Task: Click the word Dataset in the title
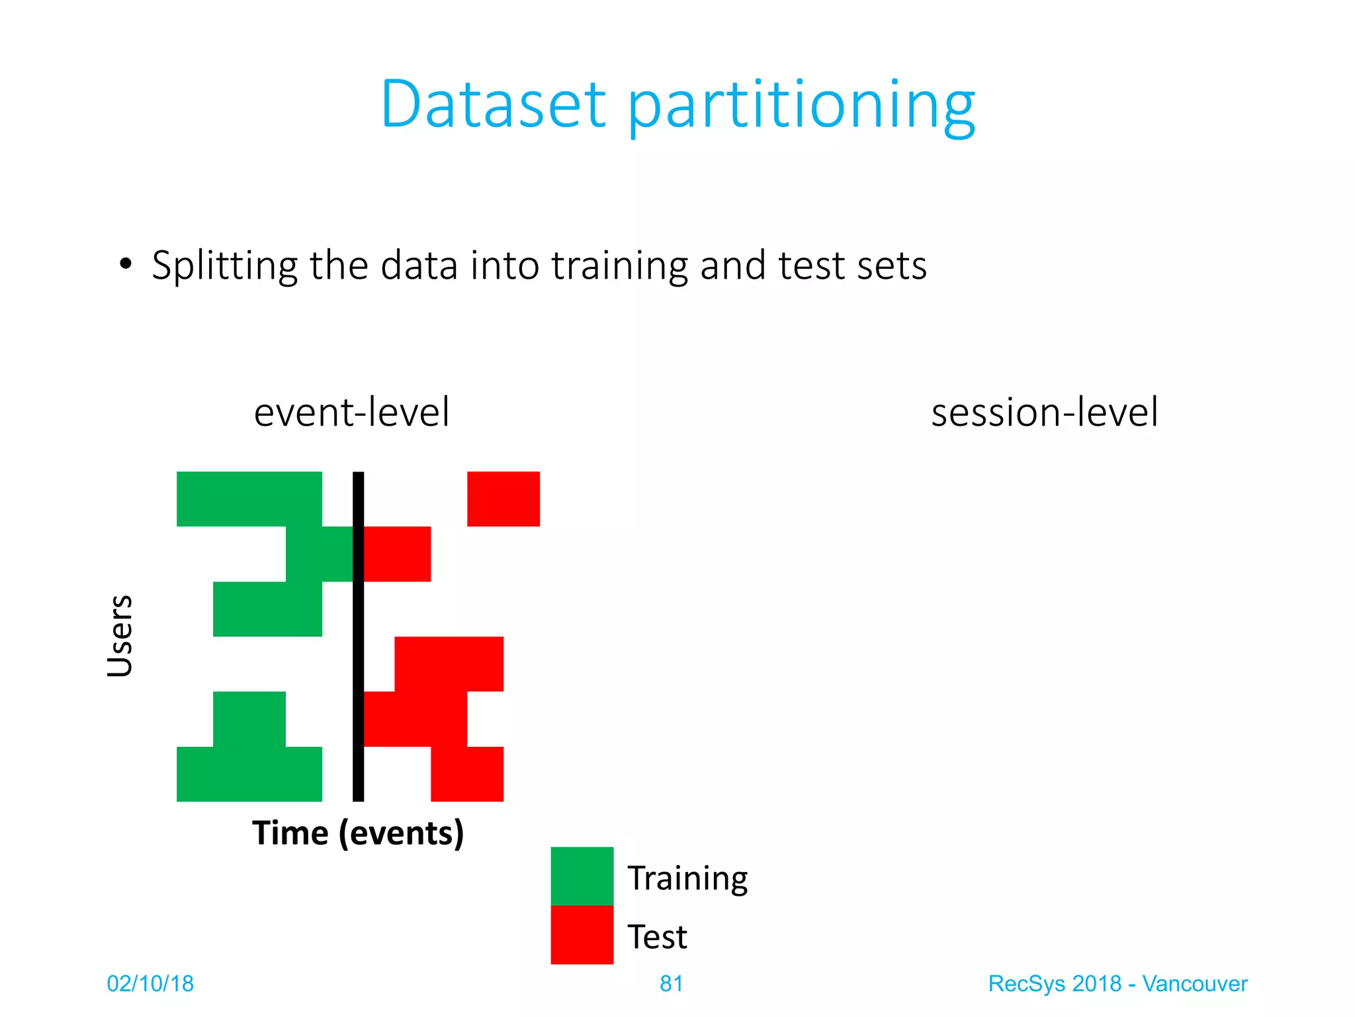(x=493, y=104)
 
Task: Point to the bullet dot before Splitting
(x=125, y=264)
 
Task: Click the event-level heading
(x=351, y=412)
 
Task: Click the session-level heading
(x=1044, y=412)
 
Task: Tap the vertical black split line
(x=358, y=636)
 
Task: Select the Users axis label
(x=120, y=636)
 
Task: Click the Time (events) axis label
(x=358, y=833)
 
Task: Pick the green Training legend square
(x=582, y=876)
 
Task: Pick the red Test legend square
(x=582, y=934)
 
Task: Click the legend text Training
(x=687, y=879)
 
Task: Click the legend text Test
(x=657, y=937)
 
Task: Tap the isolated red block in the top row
(x=503, y=499)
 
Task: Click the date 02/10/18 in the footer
(x=150, y=984)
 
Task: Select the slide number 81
(x=671, y=984)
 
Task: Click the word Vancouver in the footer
(x=1194, y=984)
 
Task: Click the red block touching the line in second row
(x=397, y=554)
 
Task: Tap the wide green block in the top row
(x=249, y=499)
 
